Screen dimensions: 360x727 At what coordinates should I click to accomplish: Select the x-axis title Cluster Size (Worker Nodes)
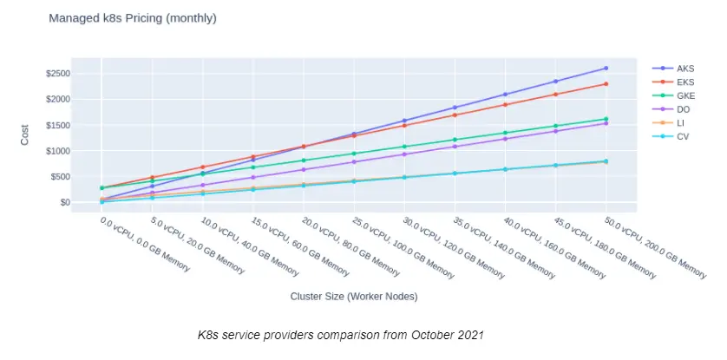[354, 297]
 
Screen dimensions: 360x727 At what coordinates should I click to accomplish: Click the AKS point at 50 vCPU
[606, 68]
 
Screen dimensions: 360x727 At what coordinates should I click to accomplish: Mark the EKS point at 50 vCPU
[606, 84]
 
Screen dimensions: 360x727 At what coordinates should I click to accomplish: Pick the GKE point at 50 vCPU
[606, 119]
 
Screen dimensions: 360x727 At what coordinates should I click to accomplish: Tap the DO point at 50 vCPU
[606, 123]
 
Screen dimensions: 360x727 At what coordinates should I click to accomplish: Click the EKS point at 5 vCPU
[152, 178]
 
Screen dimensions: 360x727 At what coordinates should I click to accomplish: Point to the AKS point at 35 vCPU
[455, 108]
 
